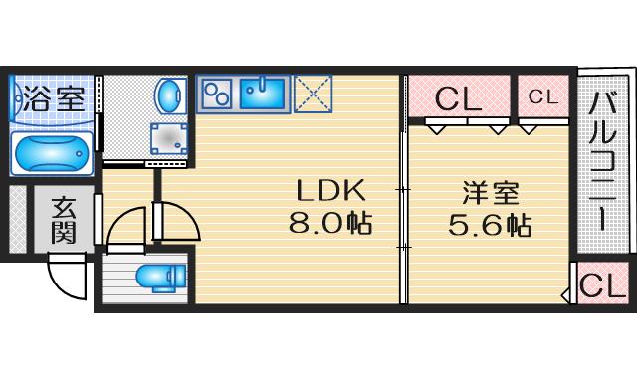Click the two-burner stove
pos(216,94)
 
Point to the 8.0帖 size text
pos(329,222)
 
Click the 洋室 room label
pos(488,190)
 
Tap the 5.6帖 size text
pos(488,224)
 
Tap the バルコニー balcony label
pos(603,159)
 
